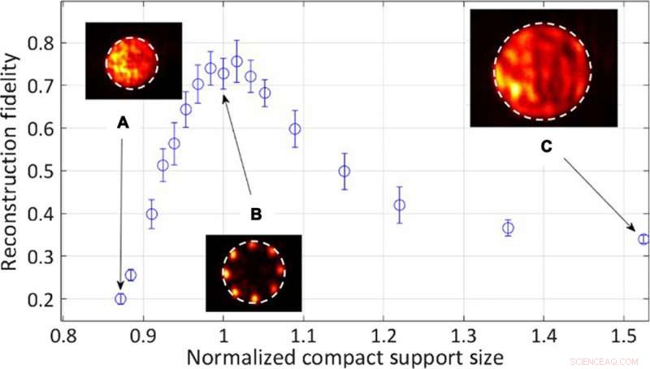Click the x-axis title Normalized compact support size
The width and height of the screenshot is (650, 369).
click(x=346, y=354)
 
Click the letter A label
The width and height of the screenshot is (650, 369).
click(x=123, y=123)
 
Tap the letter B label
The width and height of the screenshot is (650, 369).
click(x=255, y=215)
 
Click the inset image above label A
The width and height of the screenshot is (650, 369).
click(x=133, y=61)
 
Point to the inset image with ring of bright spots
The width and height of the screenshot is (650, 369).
click(x=253, y=273)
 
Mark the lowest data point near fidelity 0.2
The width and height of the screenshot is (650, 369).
click(x=120, y=299)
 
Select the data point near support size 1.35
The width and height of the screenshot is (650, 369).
click(x=508, y=228)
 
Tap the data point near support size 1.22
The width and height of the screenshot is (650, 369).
click(x=399, y=205)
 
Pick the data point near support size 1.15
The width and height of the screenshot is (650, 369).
click(x=344, y=171)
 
